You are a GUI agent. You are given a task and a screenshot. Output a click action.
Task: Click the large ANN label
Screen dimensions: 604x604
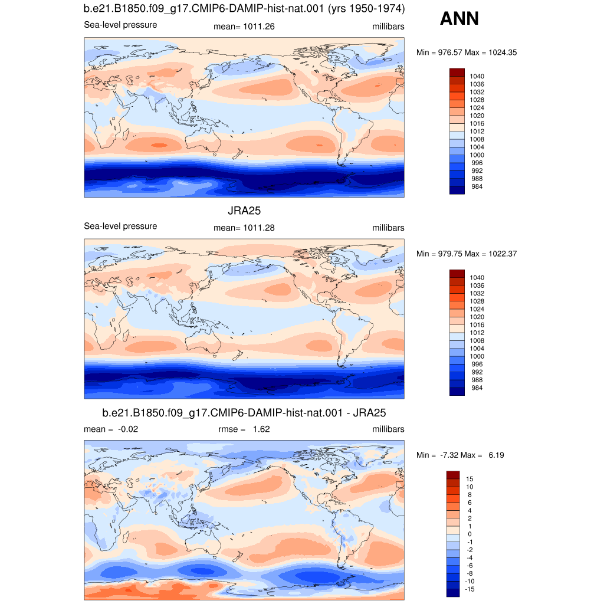point(459,18)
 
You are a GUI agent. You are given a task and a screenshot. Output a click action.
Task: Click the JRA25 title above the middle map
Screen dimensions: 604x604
point(244,211)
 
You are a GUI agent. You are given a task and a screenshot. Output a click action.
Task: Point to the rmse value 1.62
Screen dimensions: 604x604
point(261,429)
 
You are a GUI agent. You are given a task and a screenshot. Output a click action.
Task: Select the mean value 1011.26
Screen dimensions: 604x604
point(259,27)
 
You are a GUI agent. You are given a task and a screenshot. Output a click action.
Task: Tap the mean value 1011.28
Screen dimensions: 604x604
point(259,228)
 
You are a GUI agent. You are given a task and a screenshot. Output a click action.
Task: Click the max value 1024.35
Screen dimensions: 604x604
point(503,52)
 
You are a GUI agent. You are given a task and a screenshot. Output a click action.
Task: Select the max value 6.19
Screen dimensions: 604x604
point(496,455)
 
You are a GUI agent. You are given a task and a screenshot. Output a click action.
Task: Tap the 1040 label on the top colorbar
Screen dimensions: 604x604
point(477,76)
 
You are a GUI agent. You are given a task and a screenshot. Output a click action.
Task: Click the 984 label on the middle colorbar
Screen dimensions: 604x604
point(477,388)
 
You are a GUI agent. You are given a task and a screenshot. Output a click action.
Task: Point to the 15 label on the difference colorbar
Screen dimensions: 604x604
point(470,479)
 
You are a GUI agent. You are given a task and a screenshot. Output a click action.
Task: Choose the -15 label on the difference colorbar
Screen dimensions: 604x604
point(470,589)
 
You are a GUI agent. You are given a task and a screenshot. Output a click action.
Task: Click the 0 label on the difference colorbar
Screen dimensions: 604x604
point(470,534)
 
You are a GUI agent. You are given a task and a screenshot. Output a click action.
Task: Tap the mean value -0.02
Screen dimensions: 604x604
point(128,429)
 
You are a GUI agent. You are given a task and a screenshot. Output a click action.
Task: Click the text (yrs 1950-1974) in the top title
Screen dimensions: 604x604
point(366,9)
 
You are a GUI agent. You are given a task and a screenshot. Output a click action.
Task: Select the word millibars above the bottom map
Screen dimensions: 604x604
point(388,429)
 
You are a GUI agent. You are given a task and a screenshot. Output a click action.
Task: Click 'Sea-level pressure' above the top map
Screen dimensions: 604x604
point(120,25)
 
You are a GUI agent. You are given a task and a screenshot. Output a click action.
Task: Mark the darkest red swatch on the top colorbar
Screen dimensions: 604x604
point(457,73)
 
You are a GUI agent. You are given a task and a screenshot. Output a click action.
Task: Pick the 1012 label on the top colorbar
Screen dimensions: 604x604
point(477,132)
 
